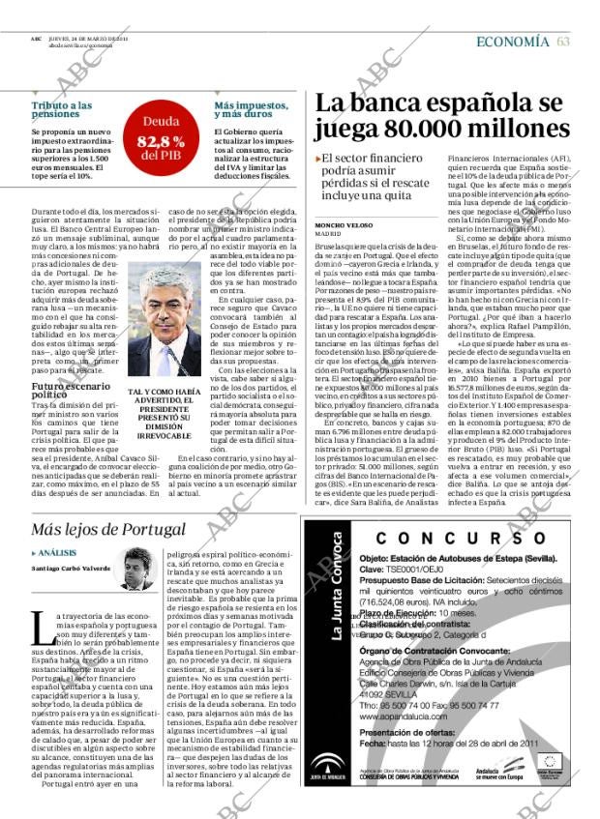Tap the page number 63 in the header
coord(563,42)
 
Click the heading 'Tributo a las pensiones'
coord(62,110)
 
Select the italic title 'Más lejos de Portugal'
coord(108,529)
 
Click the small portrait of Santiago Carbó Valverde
coord(137,570)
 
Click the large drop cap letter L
coord(41,628)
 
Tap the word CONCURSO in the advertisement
coord(449,539)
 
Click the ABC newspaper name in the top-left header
coord(35,40)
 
